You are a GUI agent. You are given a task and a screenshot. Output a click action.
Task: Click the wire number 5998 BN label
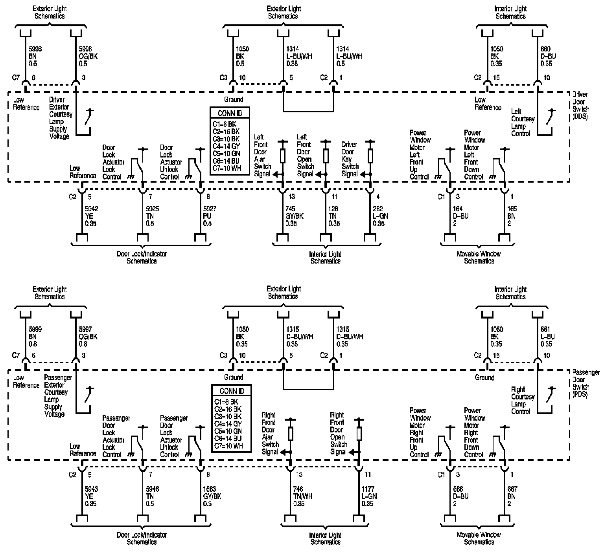point(35,56)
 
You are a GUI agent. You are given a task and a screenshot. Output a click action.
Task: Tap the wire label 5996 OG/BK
point(88,56)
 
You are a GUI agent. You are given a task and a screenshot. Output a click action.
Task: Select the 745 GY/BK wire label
point(295,216)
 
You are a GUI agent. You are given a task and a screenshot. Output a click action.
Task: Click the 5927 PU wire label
point(210,216)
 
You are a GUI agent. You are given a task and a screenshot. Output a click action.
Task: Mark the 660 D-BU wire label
point(548,56)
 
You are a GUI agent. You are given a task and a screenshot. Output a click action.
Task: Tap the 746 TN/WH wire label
point(302,496)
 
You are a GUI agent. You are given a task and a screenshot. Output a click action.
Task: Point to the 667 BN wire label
point(512,496)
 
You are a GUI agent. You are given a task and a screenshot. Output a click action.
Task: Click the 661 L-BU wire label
point(547,337)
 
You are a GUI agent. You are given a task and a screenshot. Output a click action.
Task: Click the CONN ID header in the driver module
point(230,113)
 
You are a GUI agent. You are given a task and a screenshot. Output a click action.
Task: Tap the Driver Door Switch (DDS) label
point(580,106)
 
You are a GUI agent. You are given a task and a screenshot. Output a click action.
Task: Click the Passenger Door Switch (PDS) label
point(586,383)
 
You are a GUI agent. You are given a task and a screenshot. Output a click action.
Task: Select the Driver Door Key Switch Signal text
point(350,159)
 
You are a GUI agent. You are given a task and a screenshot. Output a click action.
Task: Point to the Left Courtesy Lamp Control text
point(523,123)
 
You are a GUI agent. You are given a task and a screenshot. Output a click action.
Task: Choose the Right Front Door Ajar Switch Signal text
point(270,434)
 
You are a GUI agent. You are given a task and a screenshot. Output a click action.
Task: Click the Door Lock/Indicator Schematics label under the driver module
point(142,257)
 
